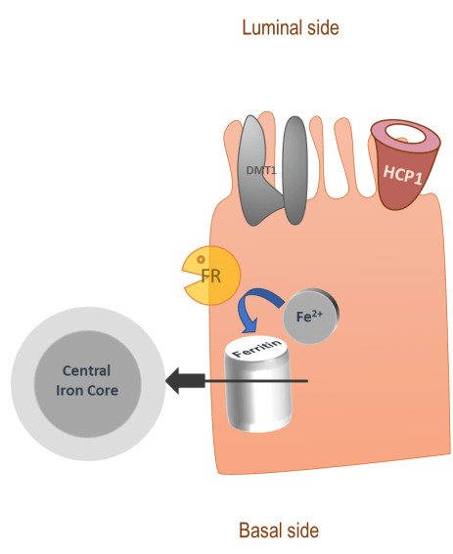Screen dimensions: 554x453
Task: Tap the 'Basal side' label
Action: [279, 531]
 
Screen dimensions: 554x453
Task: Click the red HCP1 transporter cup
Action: [400, 180]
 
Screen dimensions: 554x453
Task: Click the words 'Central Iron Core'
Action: [87, 380]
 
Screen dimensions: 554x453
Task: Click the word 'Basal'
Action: [260, 531]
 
